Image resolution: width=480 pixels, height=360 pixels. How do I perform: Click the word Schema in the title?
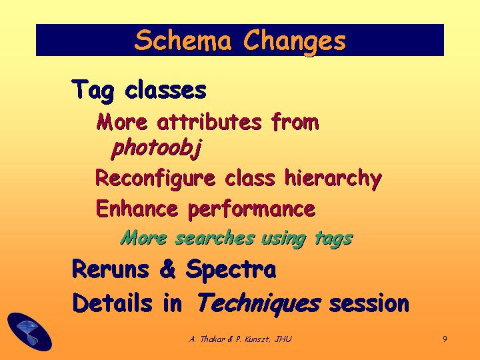tap(183, 40)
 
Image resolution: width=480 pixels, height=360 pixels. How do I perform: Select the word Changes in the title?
tap(295, 42)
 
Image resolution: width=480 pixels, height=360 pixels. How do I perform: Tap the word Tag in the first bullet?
tap(93, 90)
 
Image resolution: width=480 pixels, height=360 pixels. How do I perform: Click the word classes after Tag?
tap(165, 90)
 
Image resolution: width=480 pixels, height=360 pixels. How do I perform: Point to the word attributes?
tap(209, 122)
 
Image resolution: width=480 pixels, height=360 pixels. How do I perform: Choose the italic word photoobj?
tap(157, 148)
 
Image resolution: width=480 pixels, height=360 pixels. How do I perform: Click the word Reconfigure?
tap(155, 179)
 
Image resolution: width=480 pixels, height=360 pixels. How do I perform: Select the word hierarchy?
tap(333, 179)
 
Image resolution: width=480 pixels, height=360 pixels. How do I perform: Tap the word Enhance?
tap(137, 209)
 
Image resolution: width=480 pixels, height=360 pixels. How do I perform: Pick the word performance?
tap(251, 210)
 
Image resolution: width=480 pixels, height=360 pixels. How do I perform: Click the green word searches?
tap(214, 238)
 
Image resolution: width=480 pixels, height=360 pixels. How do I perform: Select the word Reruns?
tap(111, 269)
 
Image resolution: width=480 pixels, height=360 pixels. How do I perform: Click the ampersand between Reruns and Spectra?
tap(167, 269)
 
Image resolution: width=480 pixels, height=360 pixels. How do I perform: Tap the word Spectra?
tap(231, 270)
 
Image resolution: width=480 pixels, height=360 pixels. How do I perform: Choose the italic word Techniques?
tap(259, 303)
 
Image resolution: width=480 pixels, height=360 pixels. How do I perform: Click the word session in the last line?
tap(369, 303)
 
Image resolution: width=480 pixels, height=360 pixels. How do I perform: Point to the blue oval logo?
tap(29, 331)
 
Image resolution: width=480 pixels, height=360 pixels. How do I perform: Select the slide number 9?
tap(445, 339)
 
